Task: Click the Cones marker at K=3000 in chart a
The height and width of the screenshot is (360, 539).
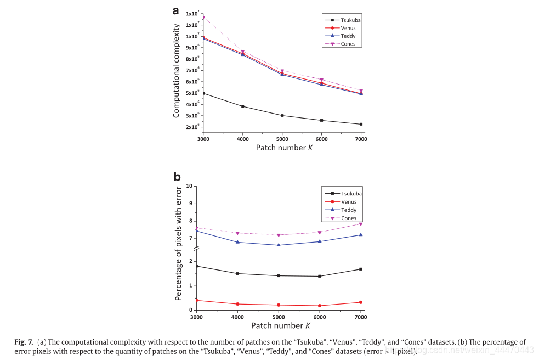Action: coord(203,18)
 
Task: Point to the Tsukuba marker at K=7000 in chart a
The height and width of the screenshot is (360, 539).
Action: coord(361,124)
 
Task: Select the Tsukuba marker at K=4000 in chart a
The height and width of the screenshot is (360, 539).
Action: coord(243,106)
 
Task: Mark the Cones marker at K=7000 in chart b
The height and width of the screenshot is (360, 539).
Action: coord(361,224)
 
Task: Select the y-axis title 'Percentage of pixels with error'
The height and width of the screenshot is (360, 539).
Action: coord(178,243)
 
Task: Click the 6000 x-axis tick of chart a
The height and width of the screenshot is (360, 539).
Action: coord(321,139)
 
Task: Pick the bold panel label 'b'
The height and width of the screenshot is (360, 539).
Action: coord(177,176)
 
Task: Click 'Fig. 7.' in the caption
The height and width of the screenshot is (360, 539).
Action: coord(24,342)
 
